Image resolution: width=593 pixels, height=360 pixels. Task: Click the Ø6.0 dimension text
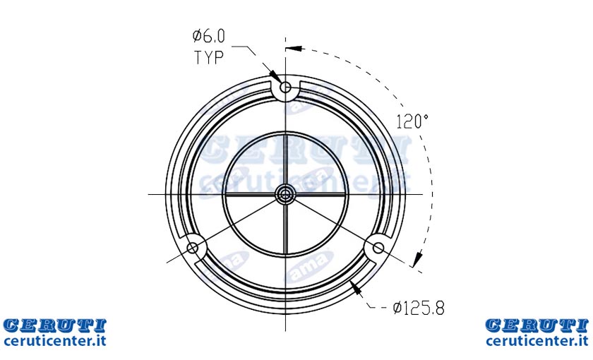(x=208, y=36)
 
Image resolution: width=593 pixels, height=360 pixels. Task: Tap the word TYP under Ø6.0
(x=209, y=57)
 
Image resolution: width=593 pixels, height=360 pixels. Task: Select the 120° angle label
(x=412, y=121)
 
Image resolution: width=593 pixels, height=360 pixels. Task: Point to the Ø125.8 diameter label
(x=418, y=308)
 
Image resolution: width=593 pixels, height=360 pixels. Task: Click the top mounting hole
(x=285, y=88)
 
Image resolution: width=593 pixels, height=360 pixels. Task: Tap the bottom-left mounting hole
(x=193, y=248)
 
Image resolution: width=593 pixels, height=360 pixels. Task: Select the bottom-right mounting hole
(x=378, y=248)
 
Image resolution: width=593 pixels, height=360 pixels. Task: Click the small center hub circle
(x=285, y=195)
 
